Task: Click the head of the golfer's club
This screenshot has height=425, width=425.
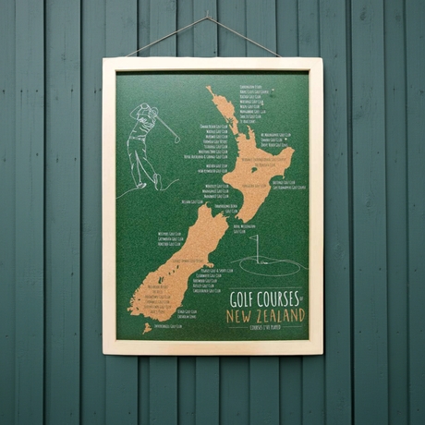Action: pyautogui.click(x=176, y=140)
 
